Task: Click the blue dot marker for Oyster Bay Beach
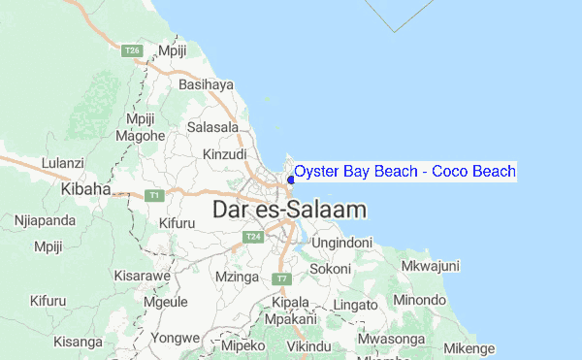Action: point(291,179)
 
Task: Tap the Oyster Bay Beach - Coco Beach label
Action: point(404,172)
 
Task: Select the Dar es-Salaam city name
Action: point(290,209)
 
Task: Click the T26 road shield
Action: point(134,50)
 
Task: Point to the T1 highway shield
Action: point(153,195)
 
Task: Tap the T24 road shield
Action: point(253,237)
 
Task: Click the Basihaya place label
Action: point(207,84)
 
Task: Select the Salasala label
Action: point(213,127)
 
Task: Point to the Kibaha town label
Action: point(86,189)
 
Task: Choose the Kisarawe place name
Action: point(143,276)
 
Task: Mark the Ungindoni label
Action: point(341,241)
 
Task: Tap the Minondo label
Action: point(421,300)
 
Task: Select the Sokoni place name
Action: point(331,268)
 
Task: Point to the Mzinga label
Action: point(238,277)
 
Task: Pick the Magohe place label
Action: point(140,136)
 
